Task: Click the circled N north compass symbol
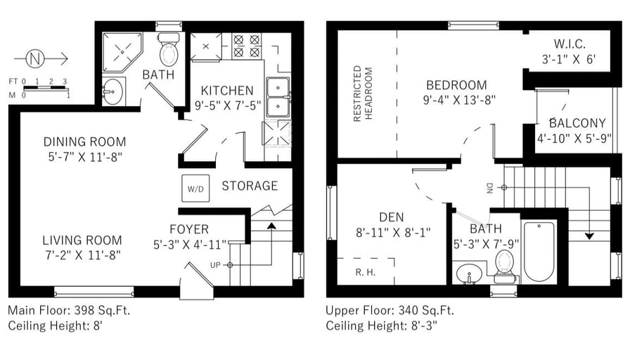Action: (35, 59)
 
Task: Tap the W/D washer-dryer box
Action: (195, 188)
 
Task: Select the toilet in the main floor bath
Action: (169, 49)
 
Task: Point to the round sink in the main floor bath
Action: (112, 91)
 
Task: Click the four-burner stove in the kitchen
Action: (246, 46)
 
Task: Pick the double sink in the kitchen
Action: (278, 98)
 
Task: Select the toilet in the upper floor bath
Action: (504, 266)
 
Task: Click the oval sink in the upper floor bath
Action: (469, 274)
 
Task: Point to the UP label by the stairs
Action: (215, 265)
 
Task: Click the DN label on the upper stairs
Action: (489, 188)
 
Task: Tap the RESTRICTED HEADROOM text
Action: (362, 94)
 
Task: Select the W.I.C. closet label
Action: (570, 44)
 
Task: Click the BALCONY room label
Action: (577, 123)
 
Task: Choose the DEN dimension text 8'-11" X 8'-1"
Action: (393, 232)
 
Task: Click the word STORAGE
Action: (250, 186)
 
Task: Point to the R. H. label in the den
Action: (365, 272)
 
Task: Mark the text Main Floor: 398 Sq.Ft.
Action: (69, 310)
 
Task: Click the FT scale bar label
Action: (13, 81)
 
